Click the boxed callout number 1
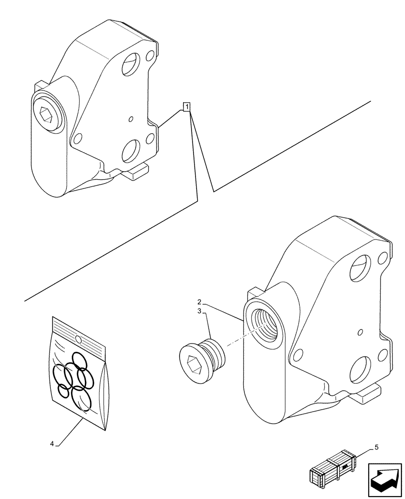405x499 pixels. pos(186,106)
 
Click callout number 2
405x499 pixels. pos(199,302)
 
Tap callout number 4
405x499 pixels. pos(52,443)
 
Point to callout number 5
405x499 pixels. pos(377,447)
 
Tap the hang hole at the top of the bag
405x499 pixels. pos(78,339)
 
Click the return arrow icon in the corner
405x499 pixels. pos(385,480)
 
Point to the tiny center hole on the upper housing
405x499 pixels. pos(130,119)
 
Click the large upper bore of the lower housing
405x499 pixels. pos(360,265)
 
